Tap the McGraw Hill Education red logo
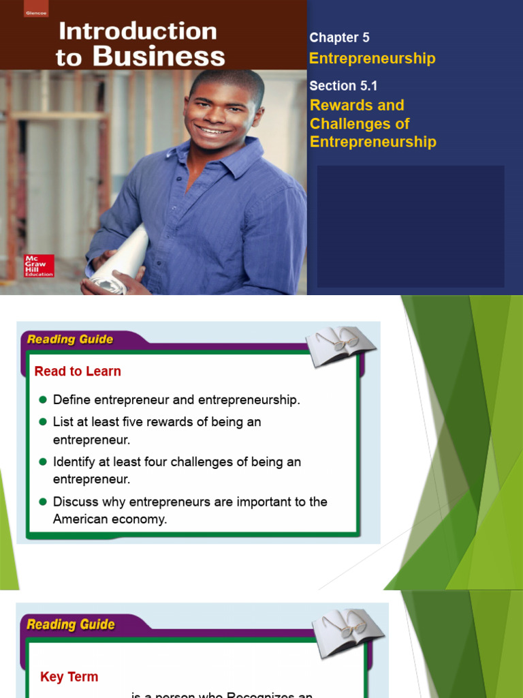39,265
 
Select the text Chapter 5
339,38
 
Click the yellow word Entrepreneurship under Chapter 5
372,59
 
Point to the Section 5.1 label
343,86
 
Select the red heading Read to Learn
78,371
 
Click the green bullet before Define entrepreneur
42,399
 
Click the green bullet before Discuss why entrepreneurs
42,502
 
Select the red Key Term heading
69,677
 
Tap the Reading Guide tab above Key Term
70,624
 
